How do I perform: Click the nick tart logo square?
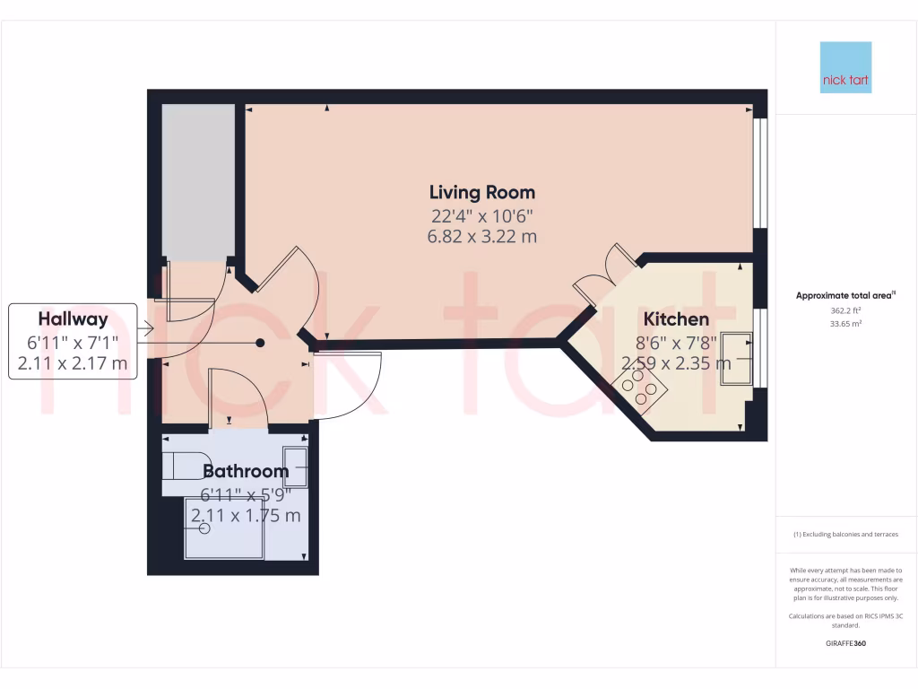tap(845, 68)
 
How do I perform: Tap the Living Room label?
tap(482, 192)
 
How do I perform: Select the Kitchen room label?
tap(677, 319)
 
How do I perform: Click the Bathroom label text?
tap(246, 471)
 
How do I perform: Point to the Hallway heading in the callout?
tap(73, 318)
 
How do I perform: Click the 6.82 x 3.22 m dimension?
tap(482, 237)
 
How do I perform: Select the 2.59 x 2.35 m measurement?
tap(677, 363)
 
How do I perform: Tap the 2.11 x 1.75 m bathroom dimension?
tap(246, 515)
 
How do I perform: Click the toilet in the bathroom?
tap(178, 467)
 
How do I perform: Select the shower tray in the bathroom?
tap(224, 528)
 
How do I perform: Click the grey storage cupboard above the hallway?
tap(198, 182)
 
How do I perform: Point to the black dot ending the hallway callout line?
tap(260, 343)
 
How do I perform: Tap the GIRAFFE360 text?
tap(845, 643)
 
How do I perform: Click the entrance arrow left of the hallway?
tap(146, 330)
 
